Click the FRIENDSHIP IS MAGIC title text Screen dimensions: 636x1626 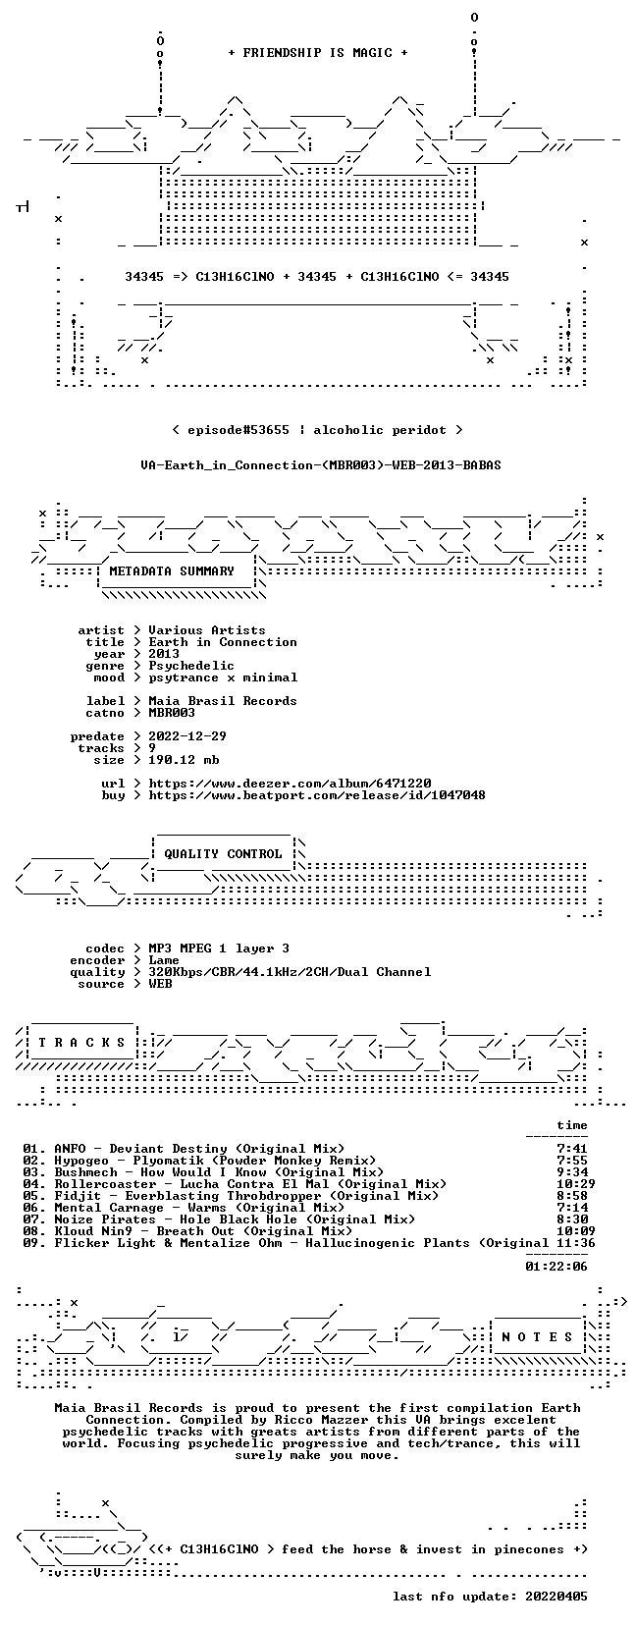point(318,53)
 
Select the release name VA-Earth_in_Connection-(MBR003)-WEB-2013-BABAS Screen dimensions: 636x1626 point(321,465)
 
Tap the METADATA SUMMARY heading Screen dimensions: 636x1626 point(172,571)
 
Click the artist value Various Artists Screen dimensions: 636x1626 point(207,630)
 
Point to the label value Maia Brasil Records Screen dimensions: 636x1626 point(223,700)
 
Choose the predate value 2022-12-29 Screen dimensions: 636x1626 point(187,736)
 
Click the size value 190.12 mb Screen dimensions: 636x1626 point(184,760)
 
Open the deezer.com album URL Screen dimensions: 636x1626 point(290,784)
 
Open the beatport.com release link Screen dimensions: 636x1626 point(317,795)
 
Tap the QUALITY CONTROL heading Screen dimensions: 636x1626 point(223,854)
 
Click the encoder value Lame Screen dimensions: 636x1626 point(163,960)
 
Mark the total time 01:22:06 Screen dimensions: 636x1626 point(556,1267)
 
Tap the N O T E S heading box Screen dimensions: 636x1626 point(538,1337)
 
